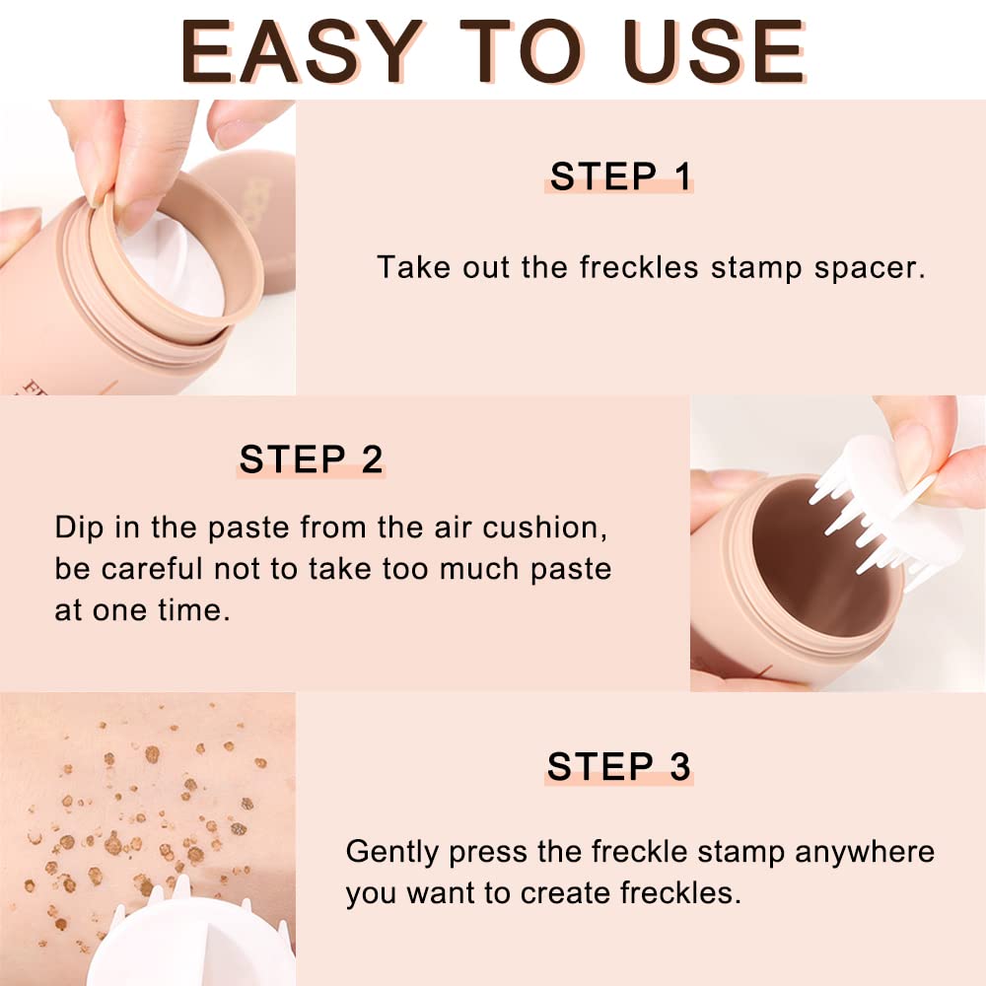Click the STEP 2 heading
click(311, 459)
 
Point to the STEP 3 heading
click(619, 766)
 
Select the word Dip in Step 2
click(78, 527)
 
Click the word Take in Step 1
click(404, 267)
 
